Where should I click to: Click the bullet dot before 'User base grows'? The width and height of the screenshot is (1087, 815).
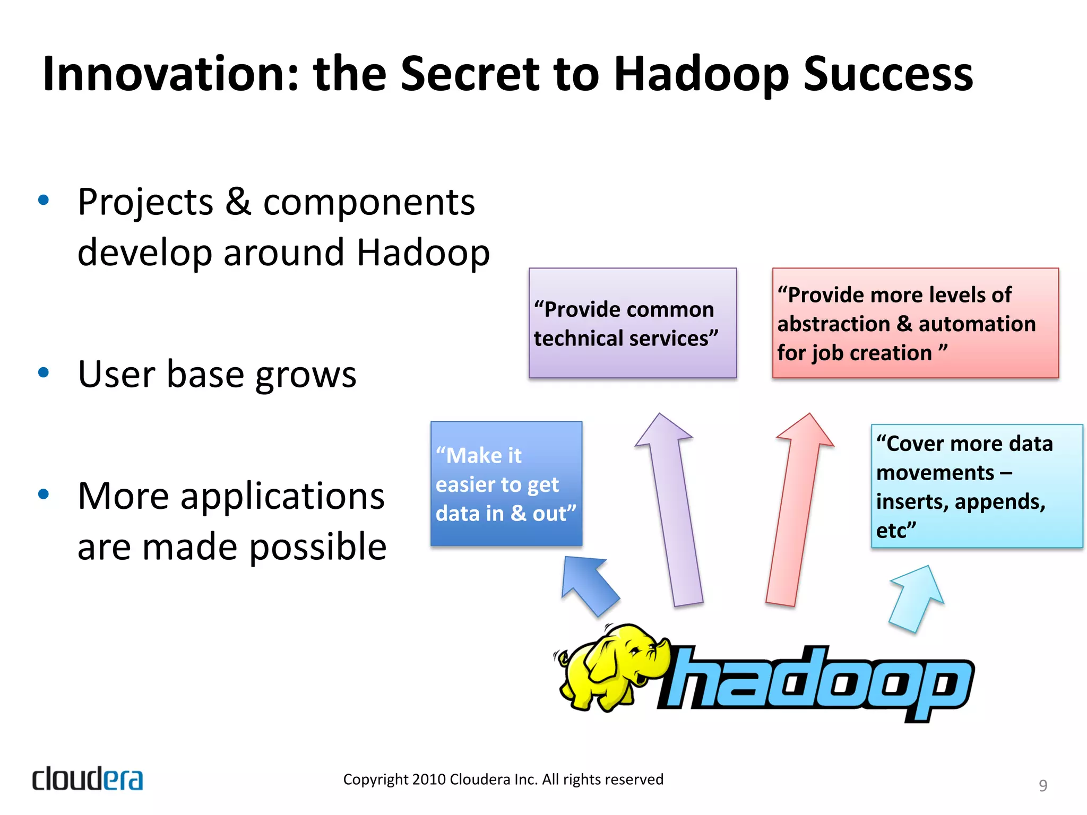click(44, 372)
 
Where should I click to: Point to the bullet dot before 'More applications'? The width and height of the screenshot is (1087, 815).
click(44, 495)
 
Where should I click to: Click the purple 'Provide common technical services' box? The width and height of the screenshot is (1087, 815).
click(632, 323)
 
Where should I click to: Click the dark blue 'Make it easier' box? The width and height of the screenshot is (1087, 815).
click(506, 483)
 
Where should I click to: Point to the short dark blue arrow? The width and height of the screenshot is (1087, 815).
click(589, 584)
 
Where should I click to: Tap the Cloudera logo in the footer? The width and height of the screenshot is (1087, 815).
click(88, 778)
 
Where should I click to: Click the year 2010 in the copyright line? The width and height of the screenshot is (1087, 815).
click(429, 779)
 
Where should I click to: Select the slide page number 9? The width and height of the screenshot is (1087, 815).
click(1042, 785)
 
